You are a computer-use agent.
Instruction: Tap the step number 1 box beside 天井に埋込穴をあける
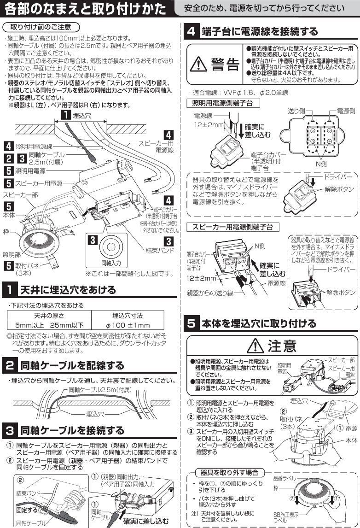pyautogui.click(x=9, y=290)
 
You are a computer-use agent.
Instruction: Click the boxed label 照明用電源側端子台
pyautogui.click(x=220, y=103)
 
